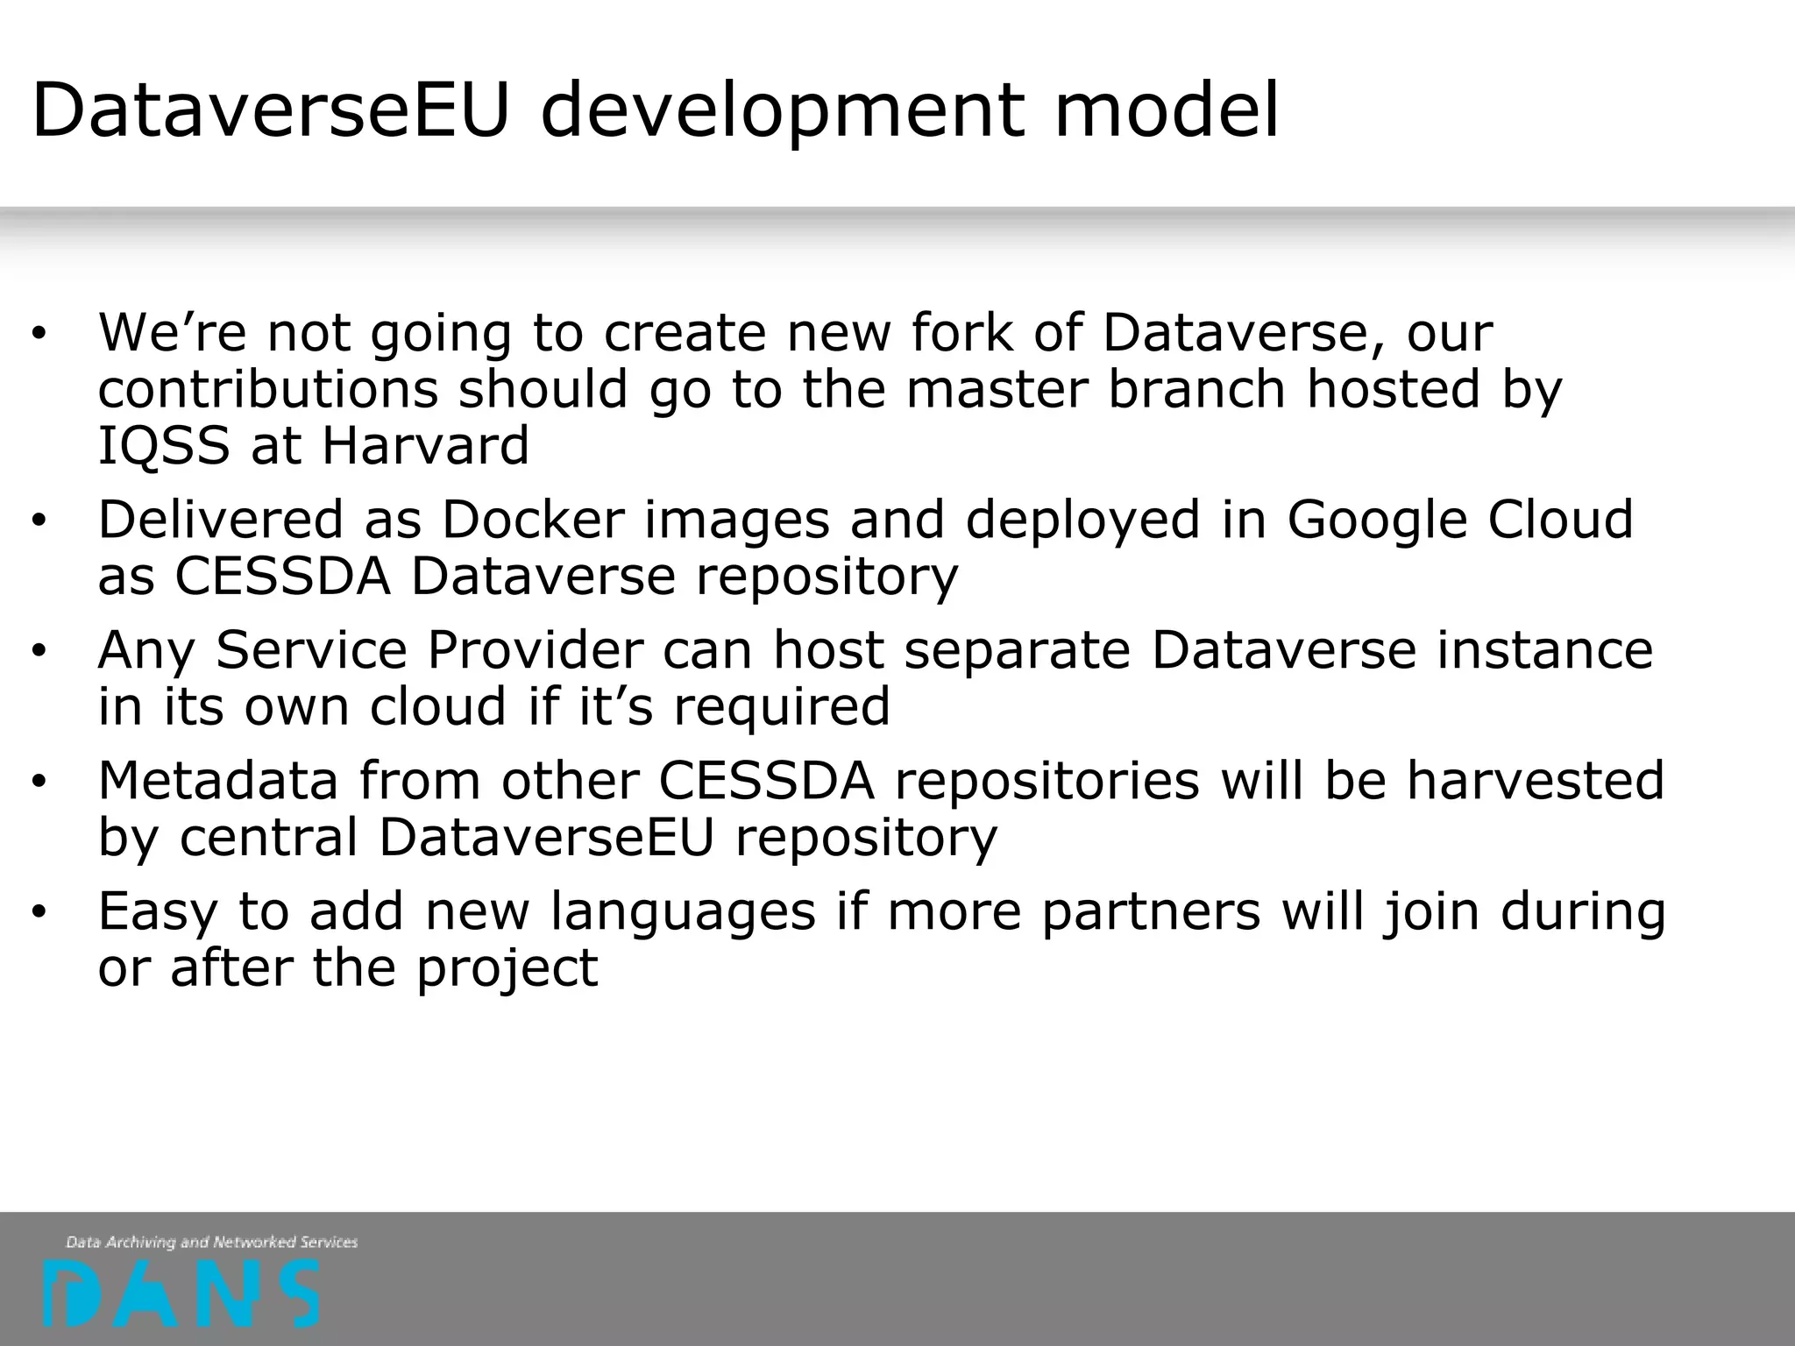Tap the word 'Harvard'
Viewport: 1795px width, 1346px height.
[x=425, y=445]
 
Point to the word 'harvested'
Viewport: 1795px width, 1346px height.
[x=1535, y=780]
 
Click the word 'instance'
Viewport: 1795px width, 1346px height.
[x=1543, y=650]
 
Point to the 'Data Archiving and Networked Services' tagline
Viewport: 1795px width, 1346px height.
[x=211, y=1242]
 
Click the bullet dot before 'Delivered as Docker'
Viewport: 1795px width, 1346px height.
[x=38, y=521]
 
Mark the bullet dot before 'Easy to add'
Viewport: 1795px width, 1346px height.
[x=38, y=913]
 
